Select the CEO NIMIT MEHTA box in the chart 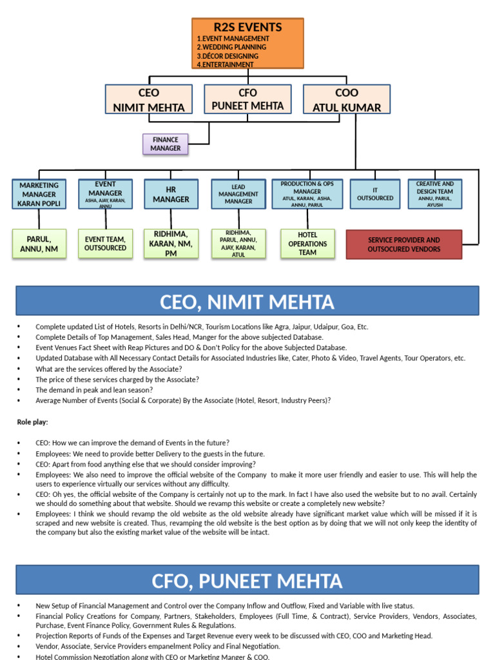[148, 100]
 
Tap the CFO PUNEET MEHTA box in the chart [247, 99]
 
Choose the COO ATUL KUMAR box [347, 100]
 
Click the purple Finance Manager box [166, 144]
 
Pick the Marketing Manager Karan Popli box [39, 194]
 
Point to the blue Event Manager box [105, 194]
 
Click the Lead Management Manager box [238, 194]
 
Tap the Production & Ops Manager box [307, 194]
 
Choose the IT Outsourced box [375, 194]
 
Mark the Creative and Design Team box [435, 194]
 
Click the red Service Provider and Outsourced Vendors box [404, 245]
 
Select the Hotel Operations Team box [307, 244]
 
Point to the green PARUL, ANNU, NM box [39, 244]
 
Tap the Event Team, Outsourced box [105, 244]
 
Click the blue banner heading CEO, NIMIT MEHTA [247, 301]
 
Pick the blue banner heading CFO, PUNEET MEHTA [247, 580]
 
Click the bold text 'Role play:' [32, 422]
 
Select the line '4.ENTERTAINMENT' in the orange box [225, 64]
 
